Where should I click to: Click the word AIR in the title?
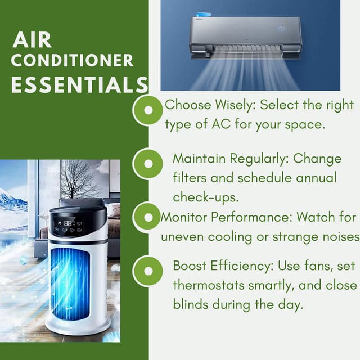pos(32,40)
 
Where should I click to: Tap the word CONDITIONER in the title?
pos(72,61)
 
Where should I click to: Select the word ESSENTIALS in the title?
pos(79,85)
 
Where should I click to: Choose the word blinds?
pos(189,304)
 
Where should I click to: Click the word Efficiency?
pos(260,265)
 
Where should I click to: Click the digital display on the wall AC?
pos(282,27)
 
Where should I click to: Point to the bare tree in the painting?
pos(79,180)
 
